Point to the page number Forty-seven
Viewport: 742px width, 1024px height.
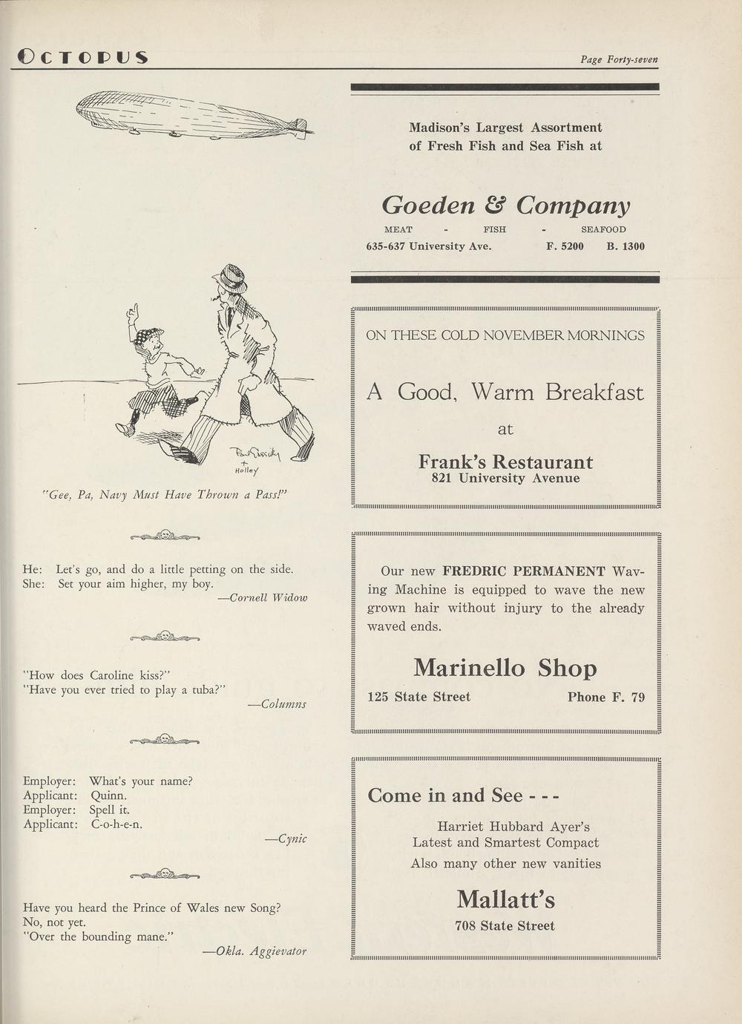(x=619, y=59)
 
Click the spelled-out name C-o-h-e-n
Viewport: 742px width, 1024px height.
(x=116, y=824)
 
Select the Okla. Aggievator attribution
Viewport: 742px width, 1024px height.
(x=259, y=951)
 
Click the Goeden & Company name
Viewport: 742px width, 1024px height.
(x=505, y=205)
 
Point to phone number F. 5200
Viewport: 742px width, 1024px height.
(x=565, y=246)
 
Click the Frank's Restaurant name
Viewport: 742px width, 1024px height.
(x=505, y=462)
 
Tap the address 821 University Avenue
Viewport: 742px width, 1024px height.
(x=505, y=479)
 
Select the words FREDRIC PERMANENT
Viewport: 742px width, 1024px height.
(x=524, y=571)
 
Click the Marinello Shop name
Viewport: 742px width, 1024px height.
(x=505, y=668)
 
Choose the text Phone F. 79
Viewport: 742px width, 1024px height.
(x=605, y=697)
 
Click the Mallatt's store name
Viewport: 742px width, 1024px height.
(x=505, y=899)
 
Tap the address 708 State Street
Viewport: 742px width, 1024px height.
(x=505, y=926)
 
